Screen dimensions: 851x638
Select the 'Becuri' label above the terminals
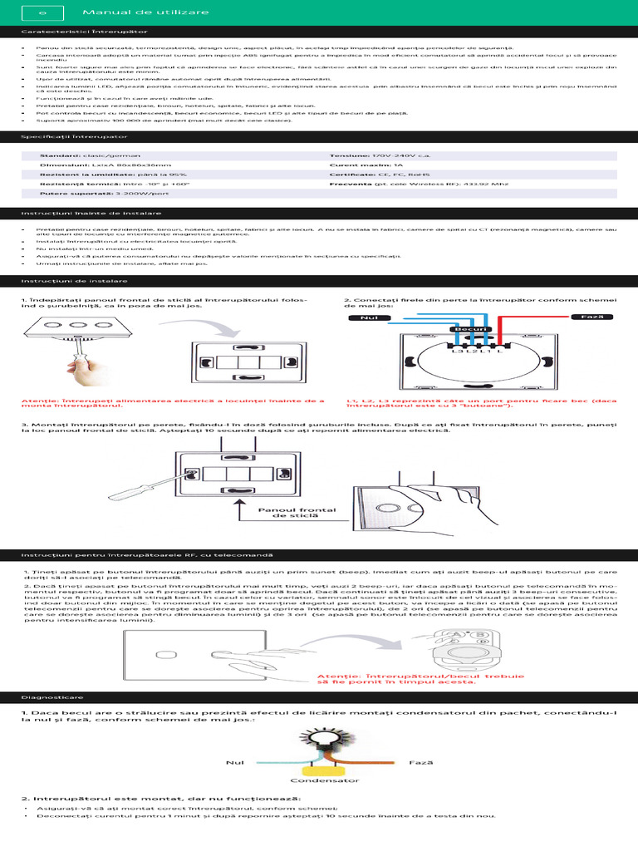tap(468, 330)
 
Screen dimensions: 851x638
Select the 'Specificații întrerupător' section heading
tap(74, 135)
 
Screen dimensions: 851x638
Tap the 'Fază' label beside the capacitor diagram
tap(420, 761)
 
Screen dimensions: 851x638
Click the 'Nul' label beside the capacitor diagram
tap(234, 761)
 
